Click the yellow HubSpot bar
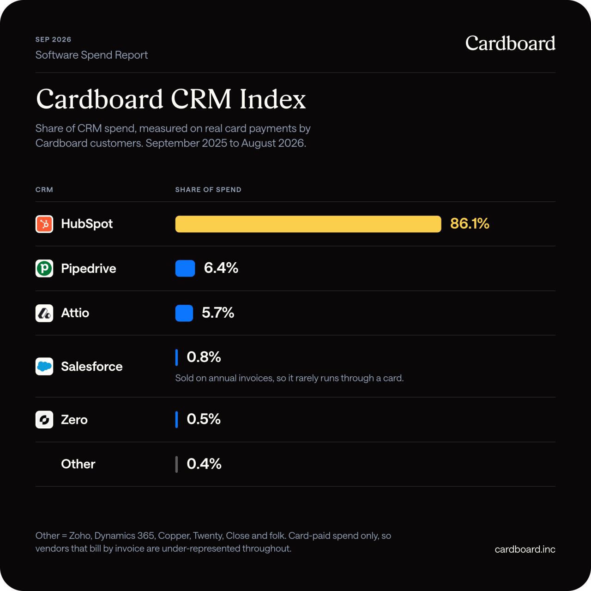(308, 224)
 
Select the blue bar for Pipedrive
(185, 268)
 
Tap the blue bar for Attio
(184, 313)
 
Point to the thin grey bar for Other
(176, 464)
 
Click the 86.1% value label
(470, 223)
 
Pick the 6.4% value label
(221, 268)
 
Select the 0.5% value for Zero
(204, 419)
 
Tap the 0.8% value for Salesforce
(204, 357)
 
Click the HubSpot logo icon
(44, 224)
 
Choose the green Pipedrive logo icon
(44, 268)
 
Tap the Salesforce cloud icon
(44, 366)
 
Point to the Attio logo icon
(44, 313)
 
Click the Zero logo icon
(44, 420)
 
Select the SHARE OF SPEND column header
(208, 190)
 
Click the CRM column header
(44, 190)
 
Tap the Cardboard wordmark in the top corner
(510, 43)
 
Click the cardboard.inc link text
(525, 549)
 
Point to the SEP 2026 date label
(54, 39)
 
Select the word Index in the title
(273, 99)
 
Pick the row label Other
(78, 464)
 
